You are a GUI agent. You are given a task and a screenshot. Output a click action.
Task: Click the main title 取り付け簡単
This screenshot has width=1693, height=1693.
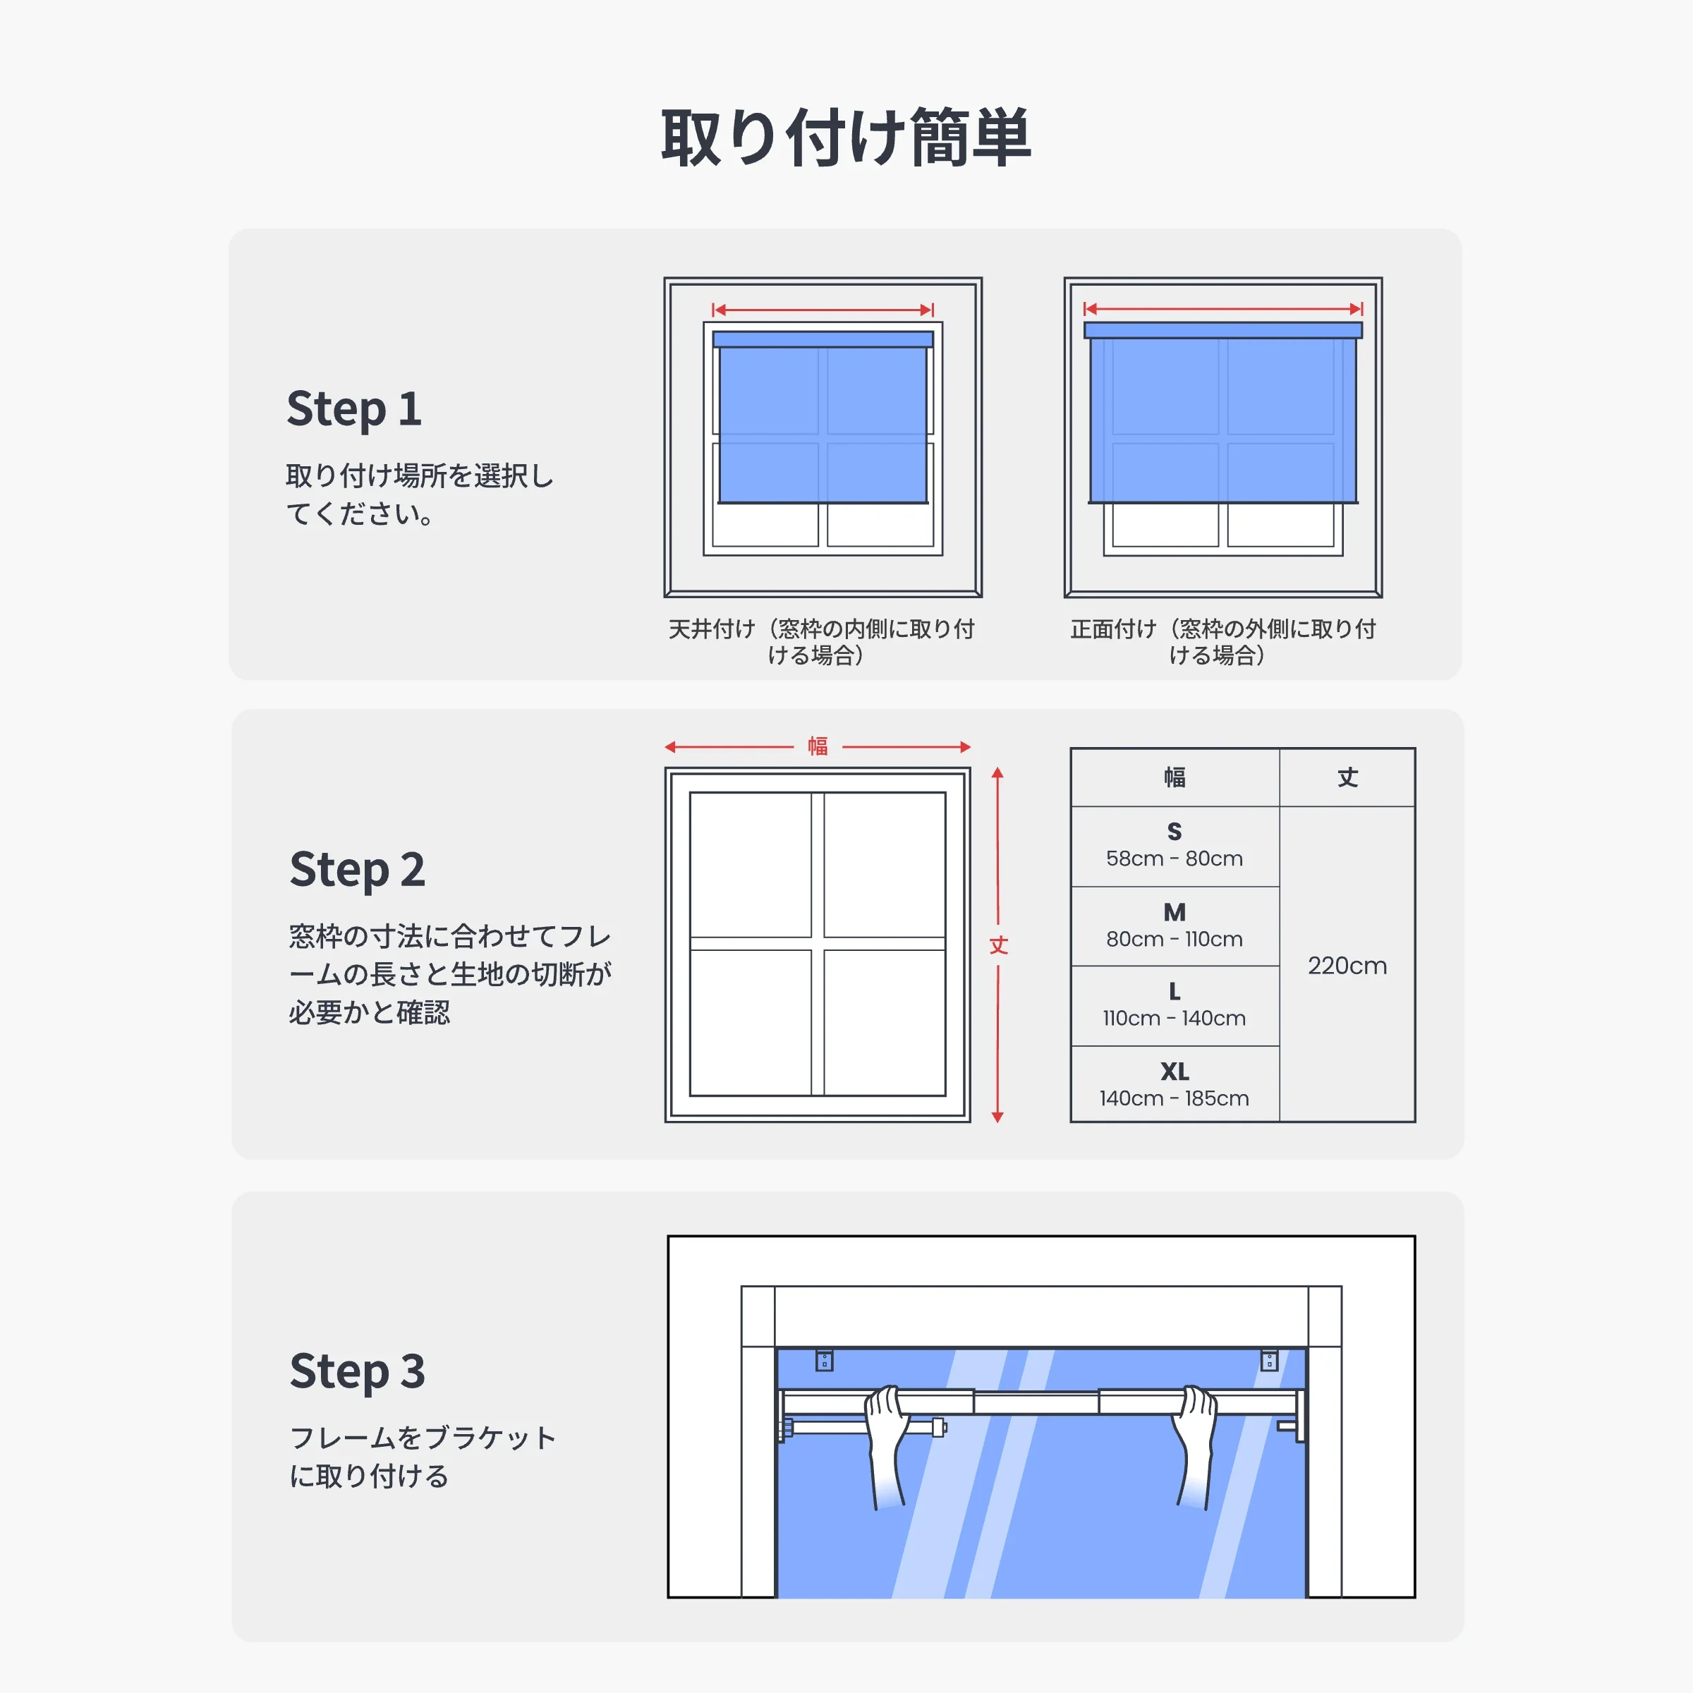click(846, 138)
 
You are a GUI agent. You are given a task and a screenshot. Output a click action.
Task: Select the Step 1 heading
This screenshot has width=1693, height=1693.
click(354, 409)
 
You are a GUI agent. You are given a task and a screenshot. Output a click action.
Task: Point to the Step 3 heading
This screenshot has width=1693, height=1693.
click(357, 1371)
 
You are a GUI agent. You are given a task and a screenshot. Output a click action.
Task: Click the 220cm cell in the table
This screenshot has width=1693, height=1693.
click(1347, 966)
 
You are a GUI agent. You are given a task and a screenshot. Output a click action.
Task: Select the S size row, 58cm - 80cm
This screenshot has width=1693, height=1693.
click(1175, 846)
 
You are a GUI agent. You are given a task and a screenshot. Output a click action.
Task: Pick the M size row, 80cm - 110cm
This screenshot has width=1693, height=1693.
click(1175, 926)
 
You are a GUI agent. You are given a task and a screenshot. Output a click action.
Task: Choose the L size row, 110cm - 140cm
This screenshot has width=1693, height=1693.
click(1175, 1005)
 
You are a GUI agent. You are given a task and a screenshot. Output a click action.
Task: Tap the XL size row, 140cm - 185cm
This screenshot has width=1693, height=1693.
click(1175, 1085)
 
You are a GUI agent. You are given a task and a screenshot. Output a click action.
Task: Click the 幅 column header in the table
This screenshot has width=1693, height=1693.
click(1175, 777)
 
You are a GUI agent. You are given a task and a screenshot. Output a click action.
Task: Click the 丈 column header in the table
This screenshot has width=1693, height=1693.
click(1347, 777)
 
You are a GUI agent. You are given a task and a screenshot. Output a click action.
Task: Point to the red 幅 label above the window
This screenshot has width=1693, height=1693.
click(818, 746)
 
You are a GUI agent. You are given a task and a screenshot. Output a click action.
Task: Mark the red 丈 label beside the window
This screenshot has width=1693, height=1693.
click(998, 945)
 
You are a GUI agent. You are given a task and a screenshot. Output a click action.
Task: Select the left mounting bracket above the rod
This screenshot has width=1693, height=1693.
click(824, 1360)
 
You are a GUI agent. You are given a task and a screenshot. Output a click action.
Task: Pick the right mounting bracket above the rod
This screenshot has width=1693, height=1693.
click(1269, 1360)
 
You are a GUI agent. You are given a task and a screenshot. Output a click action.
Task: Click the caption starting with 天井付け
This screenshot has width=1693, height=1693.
click(821, 641)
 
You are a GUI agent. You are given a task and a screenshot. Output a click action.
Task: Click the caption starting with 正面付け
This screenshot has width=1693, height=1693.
click(1222, 641)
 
